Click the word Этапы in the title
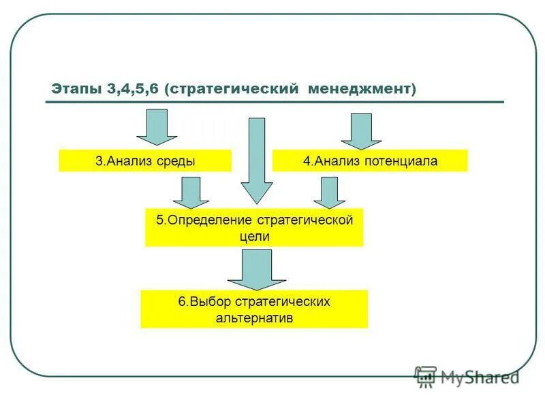(76, 89)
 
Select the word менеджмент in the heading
(361, 89)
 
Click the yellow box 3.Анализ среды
(145, 161)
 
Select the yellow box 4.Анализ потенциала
(370, 161)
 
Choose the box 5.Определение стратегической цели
(254, 228)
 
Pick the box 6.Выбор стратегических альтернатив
(254, 309)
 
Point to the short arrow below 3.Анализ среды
(191, 192)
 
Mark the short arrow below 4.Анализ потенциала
(330, 192)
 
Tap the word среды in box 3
(178, 161)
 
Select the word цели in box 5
(254, 237)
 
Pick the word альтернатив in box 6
(254, 318)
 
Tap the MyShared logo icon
(426, 377)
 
